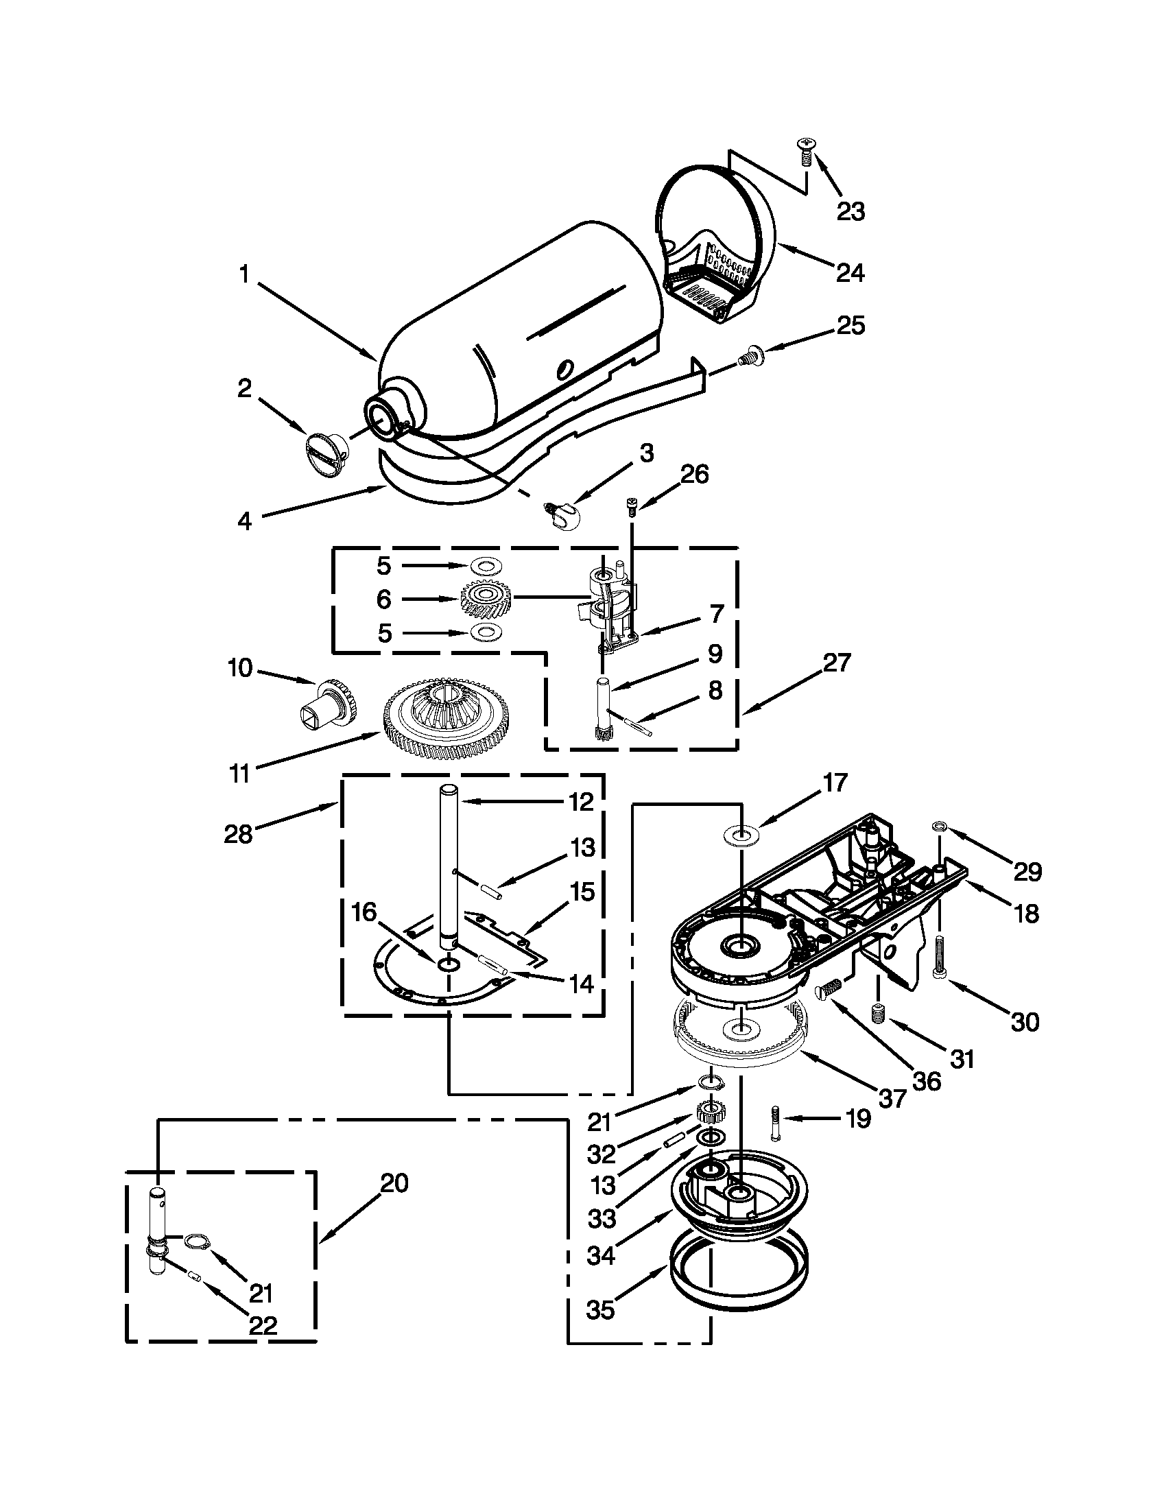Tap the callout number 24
pyautogui.click(x=850, y=273)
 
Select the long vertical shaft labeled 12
pyautogui.click(x=449, y=864)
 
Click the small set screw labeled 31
pyautogui.click(x=878, y=1014)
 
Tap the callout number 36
pyautogui.click(x=927, y=1080)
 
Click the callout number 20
pyautogui.click(x=394, y=1184)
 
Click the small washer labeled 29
pyautogui.click(x=940, y=826)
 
